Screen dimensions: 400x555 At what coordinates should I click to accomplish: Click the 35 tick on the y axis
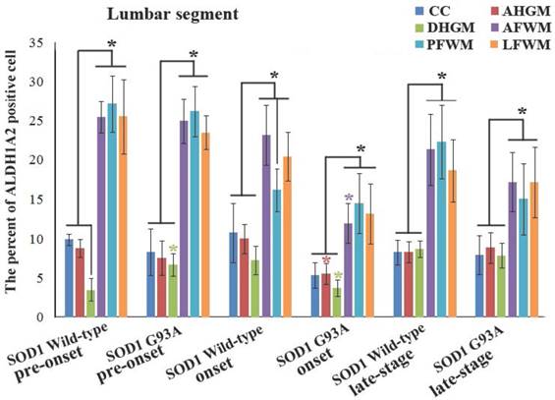[x=38, y=43]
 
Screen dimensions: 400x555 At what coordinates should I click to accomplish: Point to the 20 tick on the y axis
[x=38, y=160]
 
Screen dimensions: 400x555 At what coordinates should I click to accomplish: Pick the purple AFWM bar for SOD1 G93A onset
[x=348, y=270]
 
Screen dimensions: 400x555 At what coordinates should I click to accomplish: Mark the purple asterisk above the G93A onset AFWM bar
[x=348, y=200]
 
